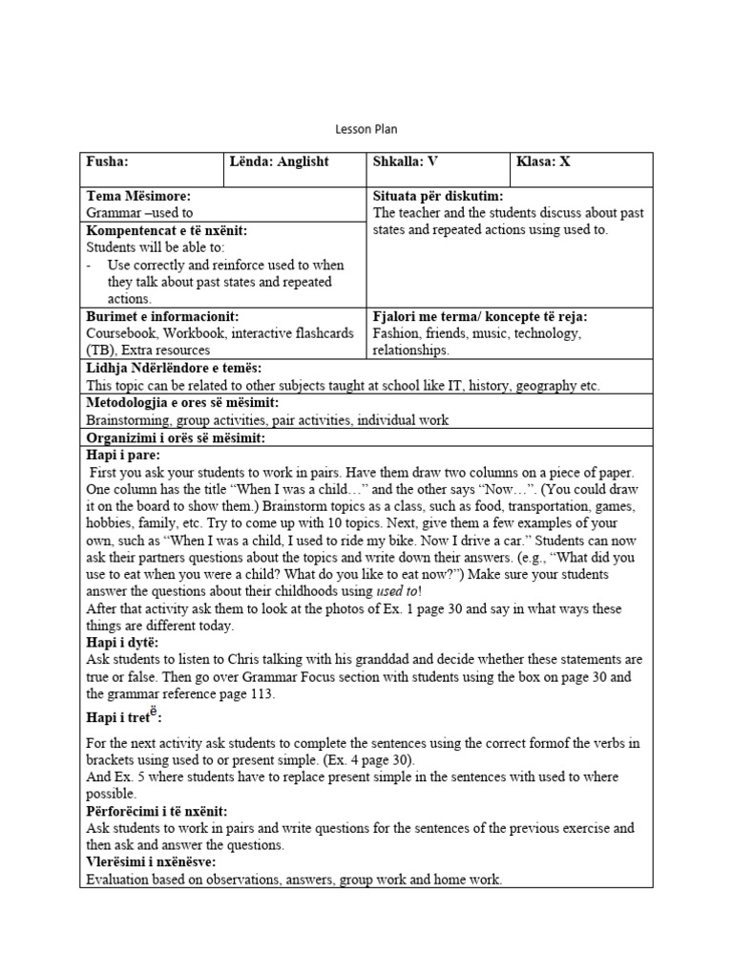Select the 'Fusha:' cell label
[x=107, y=161]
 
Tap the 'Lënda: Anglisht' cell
[x=279, y=161]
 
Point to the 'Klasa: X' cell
[x=543, y=161]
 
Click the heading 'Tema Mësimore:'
[x=138, y=196]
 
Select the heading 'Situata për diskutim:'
[x=438, y=196]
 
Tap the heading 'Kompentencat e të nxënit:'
[x=167, y=230]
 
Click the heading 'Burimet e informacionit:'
[x=162, y=316]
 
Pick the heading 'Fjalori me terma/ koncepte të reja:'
[x=480, y=316]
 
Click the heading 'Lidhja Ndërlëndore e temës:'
[x=174, y=368]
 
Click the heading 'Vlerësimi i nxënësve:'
[x=151, y=862]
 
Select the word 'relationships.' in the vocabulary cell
[x=411, y=351]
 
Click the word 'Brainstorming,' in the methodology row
[x=130, y=419]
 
